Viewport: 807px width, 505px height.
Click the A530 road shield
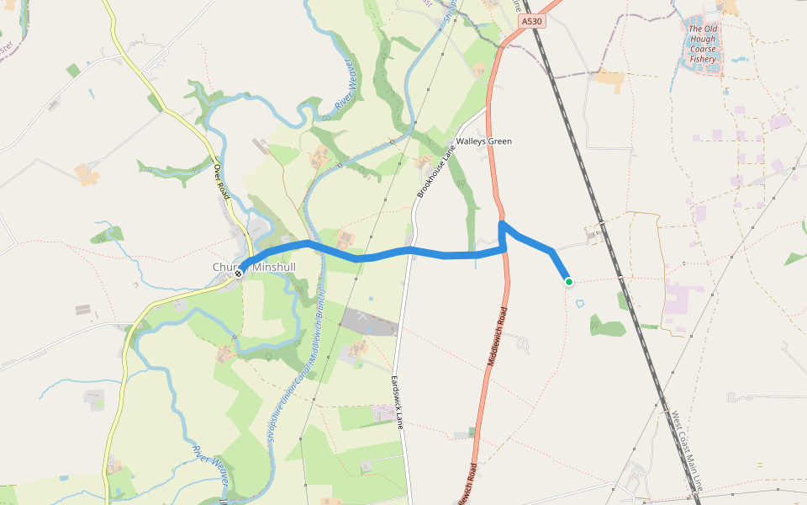(530, 22)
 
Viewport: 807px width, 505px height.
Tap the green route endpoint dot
(569, 282)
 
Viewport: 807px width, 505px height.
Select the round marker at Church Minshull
(239, 272)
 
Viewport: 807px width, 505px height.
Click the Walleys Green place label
(483, 141)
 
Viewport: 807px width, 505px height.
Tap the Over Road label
(222, 181)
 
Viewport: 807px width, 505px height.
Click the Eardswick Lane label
(397, 402)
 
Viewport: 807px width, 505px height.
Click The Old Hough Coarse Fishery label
(703, 44)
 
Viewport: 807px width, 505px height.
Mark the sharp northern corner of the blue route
(501, 224)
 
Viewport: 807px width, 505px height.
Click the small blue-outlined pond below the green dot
(579, 303)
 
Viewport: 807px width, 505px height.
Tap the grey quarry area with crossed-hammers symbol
(367, 321)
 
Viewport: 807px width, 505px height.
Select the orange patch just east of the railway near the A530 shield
(609, 80)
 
